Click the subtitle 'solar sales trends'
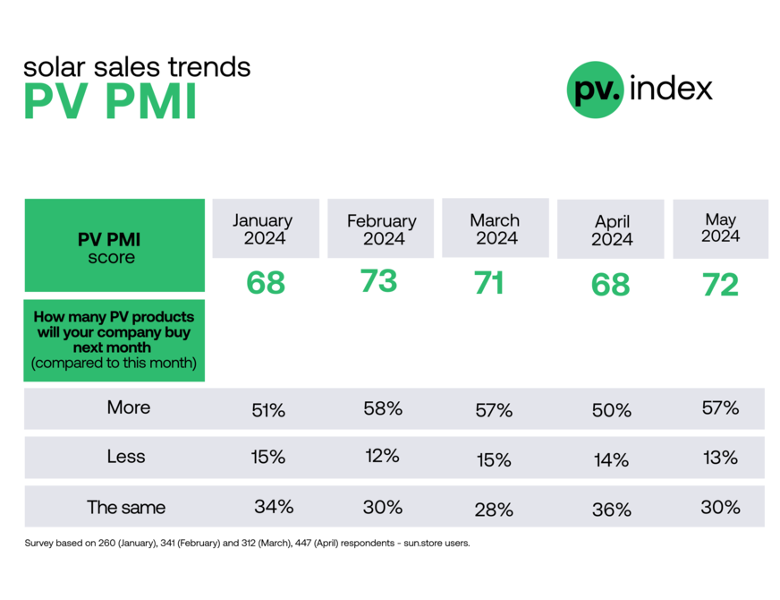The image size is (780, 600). tap(136, 66)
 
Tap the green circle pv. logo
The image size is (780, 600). tap(595, 90)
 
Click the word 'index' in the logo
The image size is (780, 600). tap(671, 89)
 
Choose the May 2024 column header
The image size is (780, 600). tap(720, 227)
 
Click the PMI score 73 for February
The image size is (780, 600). tap(378, 281)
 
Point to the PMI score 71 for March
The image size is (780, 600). tap(489, 283)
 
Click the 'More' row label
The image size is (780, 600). tap(129, 407)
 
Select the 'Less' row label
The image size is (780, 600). tap(126, 457)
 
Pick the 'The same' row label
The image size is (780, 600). tap(126, 507)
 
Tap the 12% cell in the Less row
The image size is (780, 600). tap(382, 456)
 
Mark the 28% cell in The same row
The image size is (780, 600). tap(494, 510)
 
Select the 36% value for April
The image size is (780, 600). tap(612, 510)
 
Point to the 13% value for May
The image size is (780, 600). tap(720, 458)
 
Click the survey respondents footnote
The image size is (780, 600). tap(246, 543)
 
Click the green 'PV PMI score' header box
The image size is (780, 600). tap(114, 246)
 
